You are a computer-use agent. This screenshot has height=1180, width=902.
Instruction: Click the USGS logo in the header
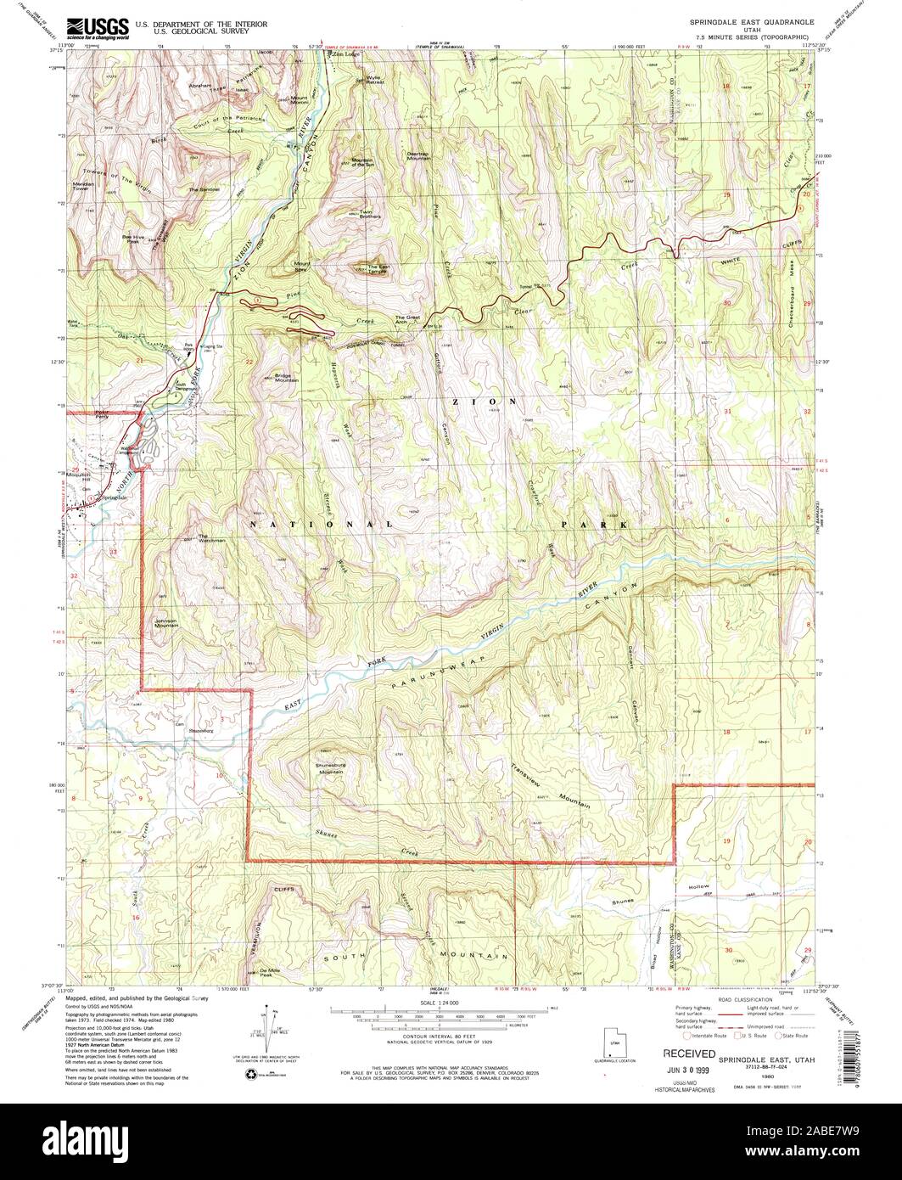pos(98,26)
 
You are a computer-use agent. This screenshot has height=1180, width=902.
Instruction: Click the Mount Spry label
pos(302,266)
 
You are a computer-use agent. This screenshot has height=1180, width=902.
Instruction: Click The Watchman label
pos(211,538)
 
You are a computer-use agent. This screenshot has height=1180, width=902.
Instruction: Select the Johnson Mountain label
pos(167,622)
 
